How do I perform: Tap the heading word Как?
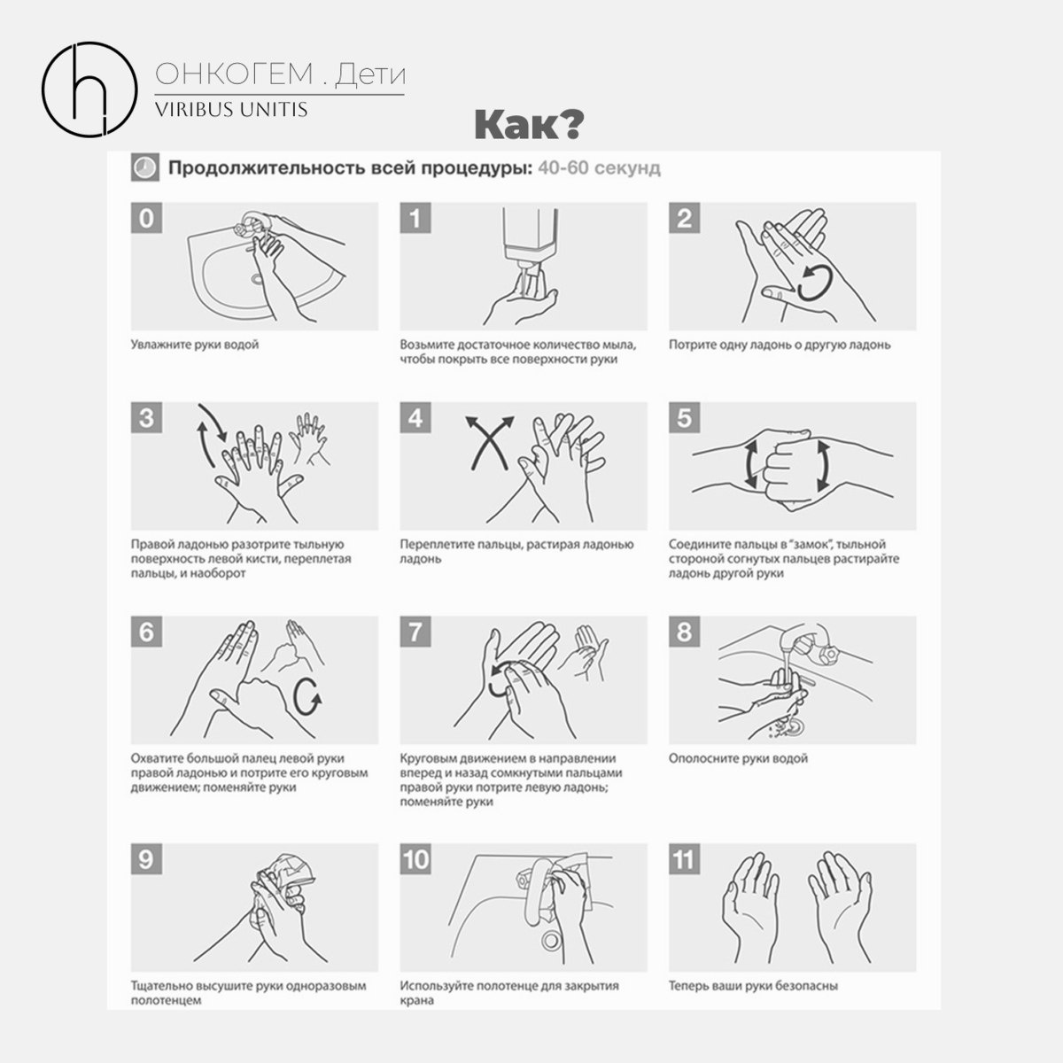529,125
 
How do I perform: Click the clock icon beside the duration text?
145,167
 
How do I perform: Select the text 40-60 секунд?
599,167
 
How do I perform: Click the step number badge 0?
146,218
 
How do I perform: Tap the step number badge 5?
684,417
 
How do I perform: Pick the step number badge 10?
415,859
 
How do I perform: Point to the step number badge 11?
684,859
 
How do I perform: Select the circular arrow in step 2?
815,283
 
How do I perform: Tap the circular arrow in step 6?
307,697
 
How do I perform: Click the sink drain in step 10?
550,940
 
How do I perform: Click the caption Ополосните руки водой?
738,758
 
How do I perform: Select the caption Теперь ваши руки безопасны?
753,985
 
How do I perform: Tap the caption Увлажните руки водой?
195,345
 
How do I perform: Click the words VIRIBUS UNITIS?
231,110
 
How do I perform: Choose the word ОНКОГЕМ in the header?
234,74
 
